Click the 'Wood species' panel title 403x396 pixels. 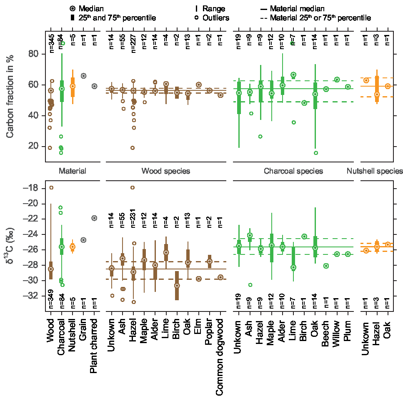[x=166, y=171]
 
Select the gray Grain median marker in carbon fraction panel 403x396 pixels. [x=83, y=76]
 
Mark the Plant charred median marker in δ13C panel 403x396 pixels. [x=94, y=218]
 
